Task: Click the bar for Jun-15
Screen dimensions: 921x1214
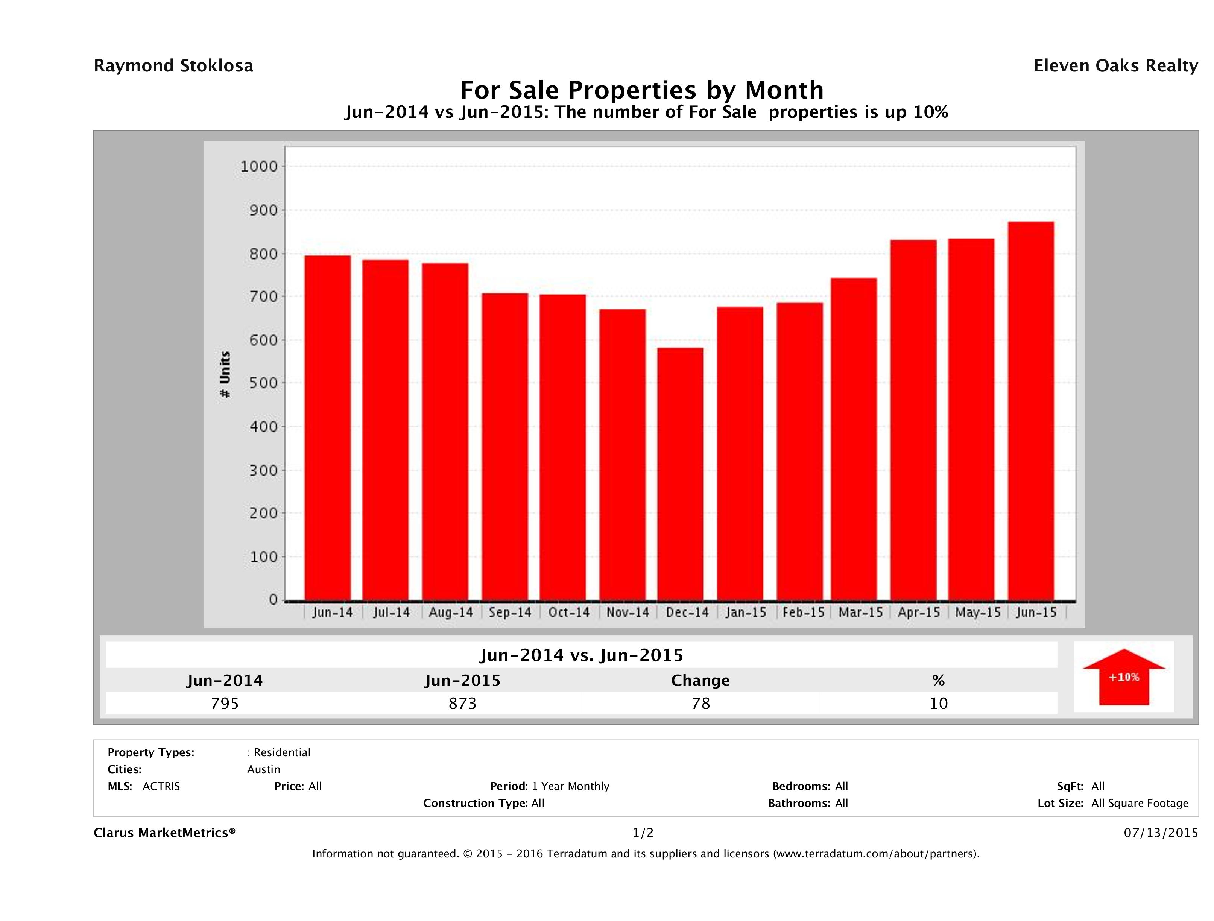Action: (1031, 411)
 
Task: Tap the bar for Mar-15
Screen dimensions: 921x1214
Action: (854, 439)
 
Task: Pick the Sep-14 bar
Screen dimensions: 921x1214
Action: (505, 447)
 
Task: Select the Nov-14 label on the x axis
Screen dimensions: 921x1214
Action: (627, 612)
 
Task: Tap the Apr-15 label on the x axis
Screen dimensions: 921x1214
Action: (918, 612)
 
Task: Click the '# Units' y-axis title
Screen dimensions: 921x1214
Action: (225, 374)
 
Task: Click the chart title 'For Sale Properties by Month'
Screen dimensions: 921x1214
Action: (641, 90)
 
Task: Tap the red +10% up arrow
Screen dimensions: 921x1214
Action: (1123, 677)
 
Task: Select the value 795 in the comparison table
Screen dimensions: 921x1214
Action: (225, 703)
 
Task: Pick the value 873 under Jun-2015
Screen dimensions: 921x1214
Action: (463, 703)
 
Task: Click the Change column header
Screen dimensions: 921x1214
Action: (700, 681)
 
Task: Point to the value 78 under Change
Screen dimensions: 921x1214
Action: (701, 703)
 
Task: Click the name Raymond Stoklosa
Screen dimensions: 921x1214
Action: (173, 66)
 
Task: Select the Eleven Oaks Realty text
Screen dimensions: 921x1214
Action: (1115, 66)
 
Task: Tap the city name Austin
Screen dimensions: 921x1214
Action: (263, 769)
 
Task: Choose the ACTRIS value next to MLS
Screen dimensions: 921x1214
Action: (161, 787)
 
